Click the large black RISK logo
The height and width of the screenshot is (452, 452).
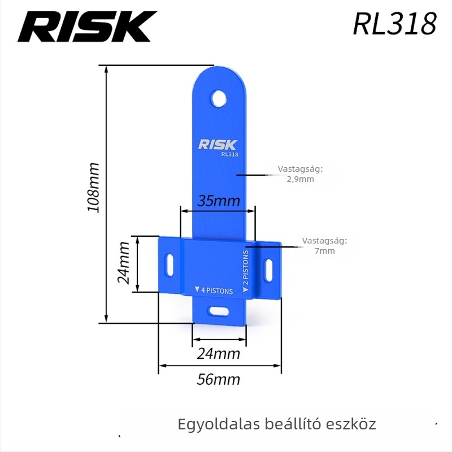[x=87, y=27]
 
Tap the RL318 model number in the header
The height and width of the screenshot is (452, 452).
[x=394, y=24]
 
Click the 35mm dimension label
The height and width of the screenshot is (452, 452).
[x=218, y=201]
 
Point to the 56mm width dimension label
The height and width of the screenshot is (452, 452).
[x=218, y=379]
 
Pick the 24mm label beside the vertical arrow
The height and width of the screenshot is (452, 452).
[x=124, y=263]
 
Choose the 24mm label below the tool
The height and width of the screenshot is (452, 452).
[x=218, y=354]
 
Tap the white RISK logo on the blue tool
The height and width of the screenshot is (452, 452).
[x=219, y=144]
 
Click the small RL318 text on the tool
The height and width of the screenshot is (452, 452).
[x=229, y=154]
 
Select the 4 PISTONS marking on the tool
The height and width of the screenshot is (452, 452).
[x=213, y=290]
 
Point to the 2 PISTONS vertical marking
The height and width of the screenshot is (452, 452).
[x=246, y=271]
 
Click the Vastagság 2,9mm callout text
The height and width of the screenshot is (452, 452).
[x=300, y=174]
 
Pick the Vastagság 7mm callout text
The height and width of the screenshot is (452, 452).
[x=324, y=246]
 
